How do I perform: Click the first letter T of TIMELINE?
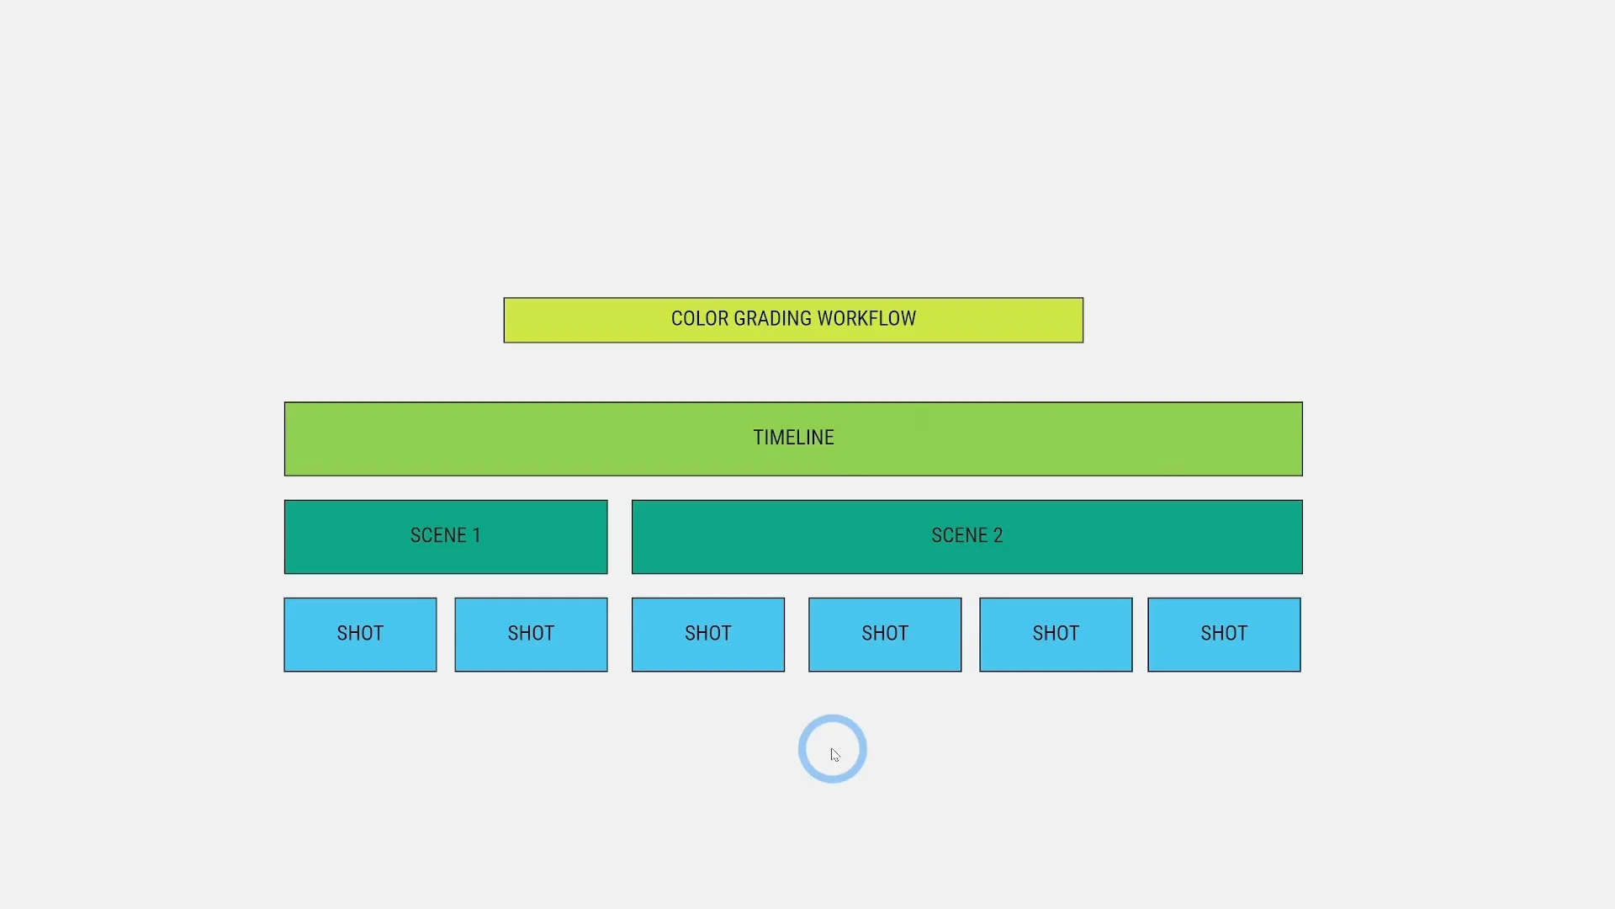(758, 438)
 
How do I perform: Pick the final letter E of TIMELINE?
(829, 438)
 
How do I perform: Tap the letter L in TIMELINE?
(800, 438)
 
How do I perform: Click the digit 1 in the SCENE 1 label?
(476, 535)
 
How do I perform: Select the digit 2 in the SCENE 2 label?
(998, 535)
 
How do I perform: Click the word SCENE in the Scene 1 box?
(438, 535)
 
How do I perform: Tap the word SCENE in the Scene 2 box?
(960, 535)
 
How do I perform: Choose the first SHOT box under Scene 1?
(360, 635)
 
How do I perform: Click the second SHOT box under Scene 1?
(531, 635)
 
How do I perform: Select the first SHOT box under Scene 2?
(708, 635)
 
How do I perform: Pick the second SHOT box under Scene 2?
(885, 635)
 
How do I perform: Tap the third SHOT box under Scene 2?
(1056, 635)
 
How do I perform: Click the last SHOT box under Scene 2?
(1224, 635)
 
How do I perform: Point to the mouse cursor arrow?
(834, 755)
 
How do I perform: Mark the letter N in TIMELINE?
(815, 438)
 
